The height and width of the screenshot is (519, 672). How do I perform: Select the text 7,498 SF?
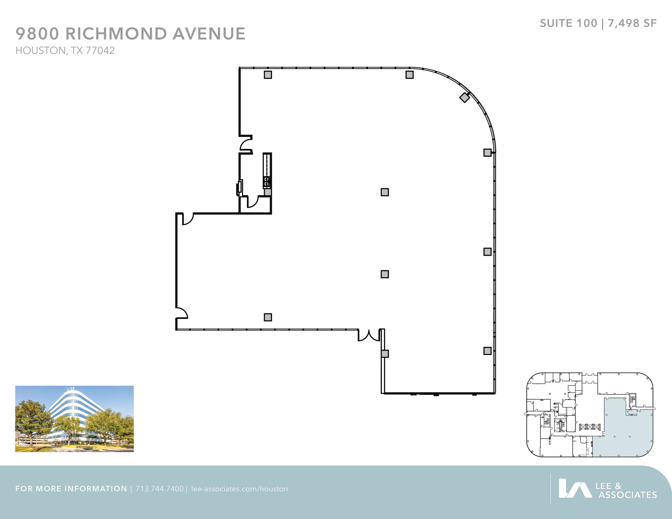tap(632, 23)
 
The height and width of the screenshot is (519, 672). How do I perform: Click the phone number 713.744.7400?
tap(159, 489)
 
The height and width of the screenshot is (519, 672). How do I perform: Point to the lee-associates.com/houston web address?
tap(240, 489)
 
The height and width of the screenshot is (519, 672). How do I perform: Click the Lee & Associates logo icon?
tap(575, 488)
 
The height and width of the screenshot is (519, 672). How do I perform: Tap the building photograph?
tap(74, 419)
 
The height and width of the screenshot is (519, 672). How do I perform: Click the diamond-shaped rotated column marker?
tap(464, 97)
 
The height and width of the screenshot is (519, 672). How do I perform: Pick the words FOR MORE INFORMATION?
tap(71, 489)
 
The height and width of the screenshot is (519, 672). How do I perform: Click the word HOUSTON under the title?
tap(41, 50)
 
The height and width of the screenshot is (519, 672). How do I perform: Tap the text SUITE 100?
tap(568, 23)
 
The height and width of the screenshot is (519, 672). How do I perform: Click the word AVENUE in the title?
tap(209, 34)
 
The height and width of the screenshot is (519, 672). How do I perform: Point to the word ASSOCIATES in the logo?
tap(627, 495)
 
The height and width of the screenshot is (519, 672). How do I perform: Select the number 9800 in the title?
tap(37, 34)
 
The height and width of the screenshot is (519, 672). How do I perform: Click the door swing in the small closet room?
tap(252, 202)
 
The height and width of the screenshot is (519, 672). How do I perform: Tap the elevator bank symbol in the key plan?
tap(590, 427)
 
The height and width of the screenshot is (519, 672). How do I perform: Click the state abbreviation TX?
tap(76, 50)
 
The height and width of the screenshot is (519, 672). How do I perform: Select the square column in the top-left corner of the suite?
tap(268, 75)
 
